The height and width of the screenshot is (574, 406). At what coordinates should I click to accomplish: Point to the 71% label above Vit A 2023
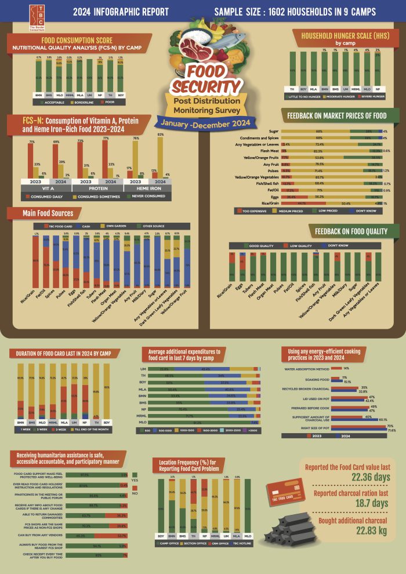click(30, 141)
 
